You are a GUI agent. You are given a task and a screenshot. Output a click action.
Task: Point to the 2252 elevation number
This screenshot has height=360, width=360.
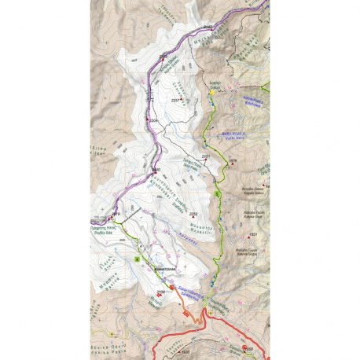click(193, 213)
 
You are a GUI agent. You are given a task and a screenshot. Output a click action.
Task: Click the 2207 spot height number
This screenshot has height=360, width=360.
click(176, 101)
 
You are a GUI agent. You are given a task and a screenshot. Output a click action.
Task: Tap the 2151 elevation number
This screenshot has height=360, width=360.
click(204, 157)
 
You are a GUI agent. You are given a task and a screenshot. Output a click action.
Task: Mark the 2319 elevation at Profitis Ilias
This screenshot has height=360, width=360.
click(115, 213)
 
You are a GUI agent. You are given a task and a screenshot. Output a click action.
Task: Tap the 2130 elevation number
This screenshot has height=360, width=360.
click(152, 292)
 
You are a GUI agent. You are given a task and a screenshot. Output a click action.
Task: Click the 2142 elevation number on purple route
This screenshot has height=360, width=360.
click(208, 27)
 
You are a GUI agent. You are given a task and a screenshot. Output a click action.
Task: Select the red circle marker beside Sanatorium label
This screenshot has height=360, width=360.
click(172, 288)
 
